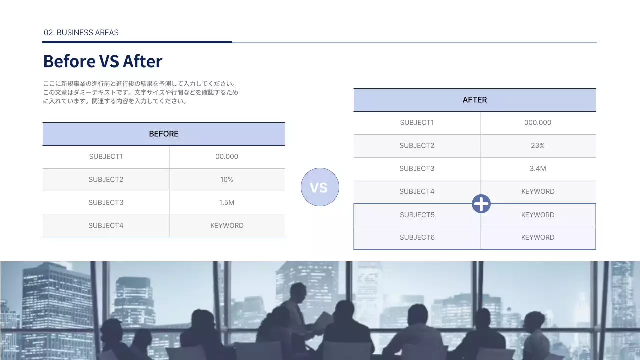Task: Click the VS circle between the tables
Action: [320, 187]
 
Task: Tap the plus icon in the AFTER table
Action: [481, 203]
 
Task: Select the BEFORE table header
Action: [164, 134]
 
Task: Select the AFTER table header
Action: [475, 100]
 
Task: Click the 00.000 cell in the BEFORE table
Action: [227, 157]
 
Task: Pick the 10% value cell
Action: [227, 180]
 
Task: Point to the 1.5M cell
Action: [227, 203]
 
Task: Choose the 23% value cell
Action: [538, 146]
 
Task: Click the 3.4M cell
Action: [538, 169]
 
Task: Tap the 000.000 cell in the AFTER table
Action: [538, 123]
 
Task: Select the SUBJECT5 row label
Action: [417, 215]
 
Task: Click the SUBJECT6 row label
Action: [417, 238]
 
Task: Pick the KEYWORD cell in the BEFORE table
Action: [227, 226]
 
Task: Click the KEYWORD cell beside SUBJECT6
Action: [538, 238]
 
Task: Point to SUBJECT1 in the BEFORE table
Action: [106, 157]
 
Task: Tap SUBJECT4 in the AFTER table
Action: [417, 192]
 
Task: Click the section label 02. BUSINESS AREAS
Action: [81, 33]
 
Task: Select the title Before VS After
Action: [103, 61]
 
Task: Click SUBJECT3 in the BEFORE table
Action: [106, 203]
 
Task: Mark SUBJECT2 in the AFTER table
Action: [417, 146]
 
